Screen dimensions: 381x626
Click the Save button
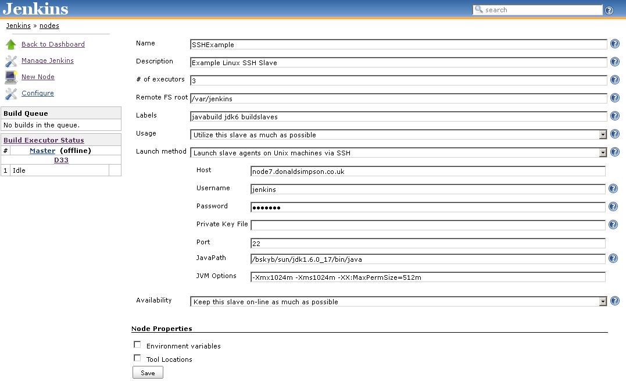[148, 373]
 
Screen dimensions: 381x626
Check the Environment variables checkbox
[137, 345]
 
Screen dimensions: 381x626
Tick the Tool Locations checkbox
[137, 358]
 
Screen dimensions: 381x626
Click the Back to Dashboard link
[53, 44]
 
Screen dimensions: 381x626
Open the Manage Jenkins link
[48, 60]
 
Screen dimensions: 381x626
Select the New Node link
[38, 77]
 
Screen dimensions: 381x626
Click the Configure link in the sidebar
[38, 93]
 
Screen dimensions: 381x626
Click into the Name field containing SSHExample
[398, 44]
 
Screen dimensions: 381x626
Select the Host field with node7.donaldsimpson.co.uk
[427, 171]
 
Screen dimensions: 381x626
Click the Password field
[427, 207]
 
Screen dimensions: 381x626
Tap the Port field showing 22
[427, 243]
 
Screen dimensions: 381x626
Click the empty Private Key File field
[427, 225]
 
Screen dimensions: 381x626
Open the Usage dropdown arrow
[603, 134]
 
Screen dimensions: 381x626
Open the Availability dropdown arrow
[603, 301]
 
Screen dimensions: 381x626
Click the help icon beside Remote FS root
[615, 98]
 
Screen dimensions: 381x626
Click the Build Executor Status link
[44, 140]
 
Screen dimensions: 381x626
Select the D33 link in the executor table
[61, 160]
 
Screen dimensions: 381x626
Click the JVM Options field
[427, 277]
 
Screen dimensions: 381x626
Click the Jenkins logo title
[35, 9]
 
